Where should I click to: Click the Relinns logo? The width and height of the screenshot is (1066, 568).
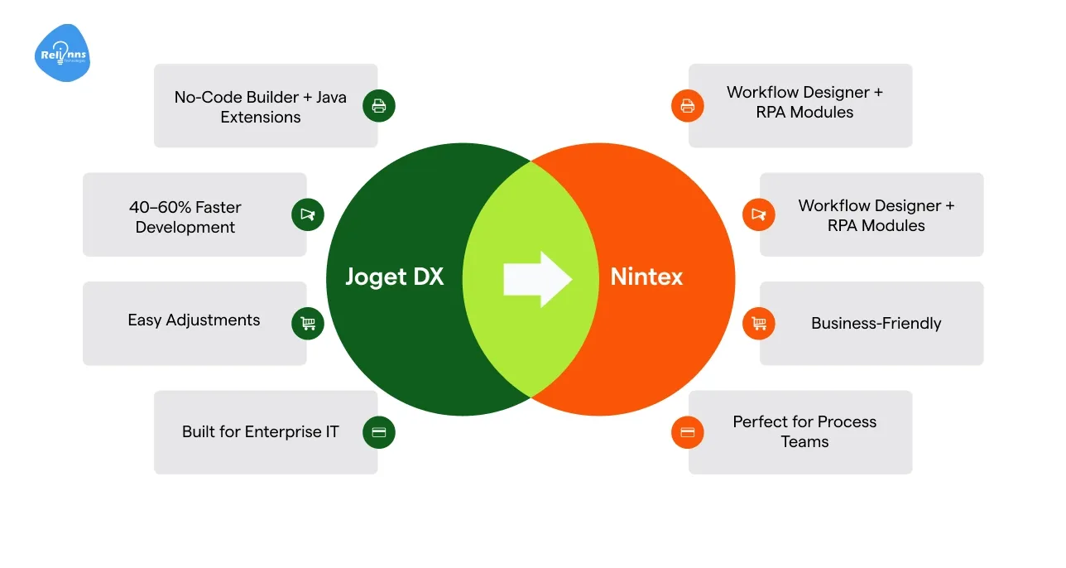[x=62, y=54]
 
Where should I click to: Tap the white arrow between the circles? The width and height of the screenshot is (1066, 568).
[x=537, y=279]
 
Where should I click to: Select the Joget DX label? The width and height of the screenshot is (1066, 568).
[x=394, y=277]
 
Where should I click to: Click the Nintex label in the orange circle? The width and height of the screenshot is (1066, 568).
[x=646, y=277]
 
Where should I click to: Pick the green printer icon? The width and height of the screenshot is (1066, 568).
[x=379, y=106]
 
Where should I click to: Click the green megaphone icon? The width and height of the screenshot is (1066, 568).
[x=308, y=214]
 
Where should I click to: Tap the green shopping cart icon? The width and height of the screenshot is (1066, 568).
[x=308, y=323]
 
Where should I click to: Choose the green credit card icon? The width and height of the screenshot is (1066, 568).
[x=379, y=432]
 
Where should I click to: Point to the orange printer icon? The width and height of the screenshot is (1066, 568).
[x=687, y=106]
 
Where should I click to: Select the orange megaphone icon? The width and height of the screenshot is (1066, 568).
[x=758, y=214]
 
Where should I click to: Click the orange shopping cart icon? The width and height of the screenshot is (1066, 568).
[x=758, y=323]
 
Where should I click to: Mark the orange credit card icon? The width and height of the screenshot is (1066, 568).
[x=687, y=432]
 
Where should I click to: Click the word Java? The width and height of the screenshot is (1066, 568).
[x=329, y=97]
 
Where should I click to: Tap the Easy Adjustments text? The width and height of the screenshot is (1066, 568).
[x=194, y=320]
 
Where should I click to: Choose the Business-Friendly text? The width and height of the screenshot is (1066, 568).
[x=876, y=324]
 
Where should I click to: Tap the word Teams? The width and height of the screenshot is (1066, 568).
[x=804, y=442]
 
